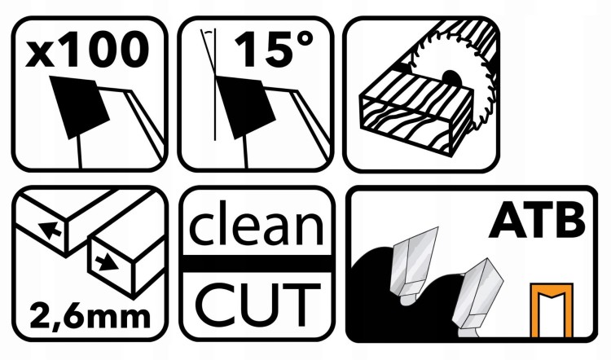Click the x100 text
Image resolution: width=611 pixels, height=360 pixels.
(87, 50)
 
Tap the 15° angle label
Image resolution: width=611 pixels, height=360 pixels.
(274, 49)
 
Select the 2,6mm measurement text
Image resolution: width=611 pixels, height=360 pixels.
(90, 317)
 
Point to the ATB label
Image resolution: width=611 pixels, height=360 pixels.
(537, 221)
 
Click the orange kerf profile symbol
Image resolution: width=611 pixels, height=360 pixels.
(552, 310)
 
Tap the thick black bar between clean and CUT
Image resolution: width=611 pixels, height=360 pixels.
(257, 264)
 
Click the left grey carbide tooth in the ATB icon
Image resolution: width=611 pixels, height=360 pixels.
(413, 265)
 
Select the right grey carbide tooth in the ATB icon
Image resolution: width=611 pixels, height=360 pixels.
(477, 298)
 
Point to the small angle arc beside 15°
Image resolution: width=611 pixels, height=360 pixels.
(209, 32)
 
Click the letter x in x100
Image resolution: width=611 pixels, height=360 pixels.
(39, 55)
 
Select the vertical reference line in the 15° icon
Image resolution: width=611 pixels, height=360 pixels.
(215, 85)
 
